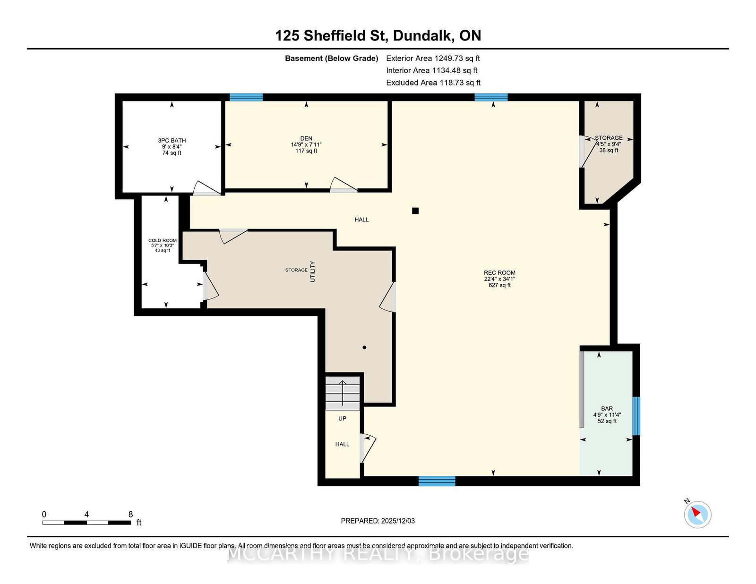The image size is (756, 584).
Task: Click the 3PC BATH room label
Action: coord(172,140)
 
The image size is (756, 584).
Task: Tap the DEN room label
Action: coord(306,138)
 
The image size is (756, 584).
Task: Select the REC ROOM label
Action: coord(499,273)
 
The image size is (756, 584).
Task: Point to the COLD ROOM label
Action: coord(163,240)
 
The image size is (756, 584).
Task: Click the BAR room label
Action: coord(607,408)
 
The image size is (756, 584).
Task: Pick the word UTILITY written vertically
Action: coord(312,271)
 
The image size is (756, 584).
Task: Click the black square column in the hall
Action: coord(415,211)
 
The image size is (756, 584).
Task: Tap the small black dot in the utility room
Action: coord(364,347)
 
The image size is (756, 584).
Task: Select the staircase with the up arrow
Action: coord(343,393)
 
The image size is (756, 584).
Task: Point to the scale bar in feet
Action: coord(87,523)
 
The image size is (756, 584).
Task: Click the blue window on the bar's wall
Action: coord(636,416)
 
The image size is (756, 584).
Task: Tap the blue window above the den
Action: coord(246,97)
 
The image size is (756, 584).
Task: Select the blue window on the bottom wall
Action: coord(437,481)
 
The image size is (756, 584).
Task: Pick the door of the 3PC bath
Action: coord(207,188)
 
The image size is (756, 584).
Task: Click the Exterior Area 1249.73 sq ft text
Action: coord(433,59)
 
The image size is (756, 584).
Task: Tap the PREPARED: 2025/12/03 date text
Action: coord(378,521)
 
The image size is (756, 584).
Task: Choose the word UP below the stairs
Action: coord(343,419)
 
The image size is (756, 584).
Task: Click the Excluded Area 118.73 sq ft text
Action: coord(433,83)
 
